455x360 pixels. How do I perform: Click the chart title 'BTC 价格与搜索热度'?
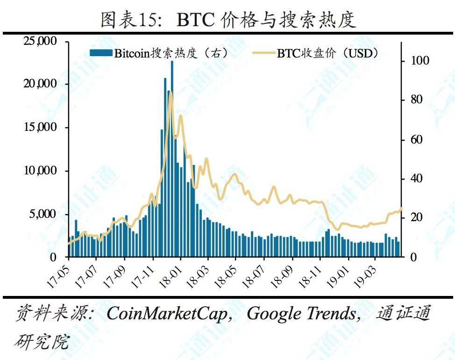[x=228, y=20]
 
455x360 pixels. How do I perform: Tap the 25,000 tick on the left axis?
[x=40, y=42]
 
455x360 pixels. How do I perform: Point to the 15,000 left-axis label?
[x=40, y=128]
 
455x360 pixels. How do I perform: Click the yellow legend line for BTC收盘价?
[x=264, y=53]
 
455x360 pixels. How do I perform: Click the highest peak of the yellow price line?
[x=171, y=92]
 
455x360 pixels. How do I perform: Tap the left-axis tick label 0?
[x=53, y=258]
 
